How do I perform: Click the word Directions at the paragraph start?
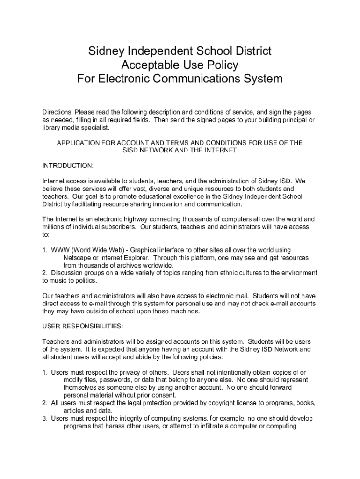coord(58,113)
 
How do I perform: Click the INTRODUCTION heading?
coord(68,166)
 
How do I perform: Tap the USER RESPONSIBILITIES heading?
coord(83,326)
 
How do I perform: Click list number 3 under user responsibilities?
coord(45,418)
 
